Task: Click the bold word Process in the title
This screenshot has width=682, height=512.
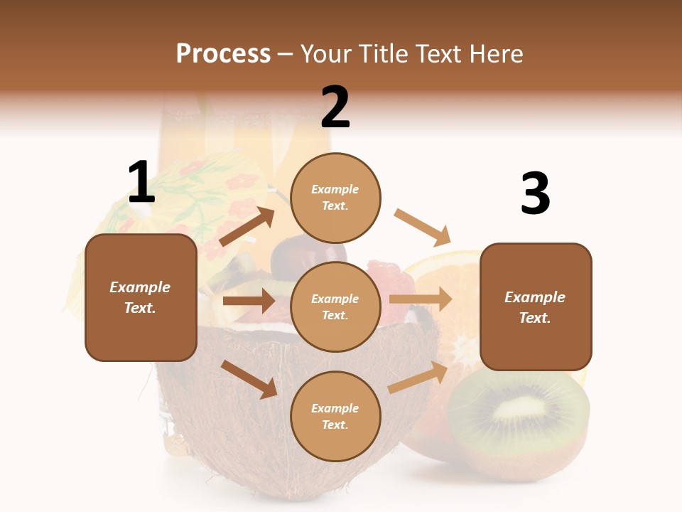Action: (x=223, y=54)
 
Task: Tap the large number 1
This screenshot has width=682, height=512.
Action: (x=141, y=183)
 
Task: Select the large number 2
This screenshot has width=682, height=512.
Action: (x=335, y=107)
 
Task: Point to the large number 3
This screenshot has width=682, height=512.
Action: (x=535, y=194)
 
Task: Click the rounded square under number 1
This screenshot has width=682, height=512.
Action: (x=141, y=297)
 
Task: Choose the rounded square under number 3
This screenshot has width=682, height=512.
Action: (x=536, y=307)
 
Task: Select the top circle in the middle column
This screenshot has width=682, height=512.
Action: (x=335, y=198)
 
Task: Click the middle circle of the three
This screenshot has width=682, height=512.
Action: (x=335, y=306)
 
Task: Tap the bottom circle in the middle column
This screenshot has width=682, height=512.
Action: (x=335, y=416)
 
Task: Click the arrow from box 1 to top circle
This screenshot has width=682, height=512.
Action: (x=247, y=227)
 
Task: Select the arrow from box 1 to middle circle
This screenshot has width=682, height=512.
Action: (x=248, y=301)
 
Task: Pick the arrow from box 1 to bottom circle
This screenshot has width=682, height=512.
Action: (x=249, y=379)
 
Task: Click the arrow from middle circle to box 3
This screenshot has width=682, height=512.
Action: (x=421, y=299)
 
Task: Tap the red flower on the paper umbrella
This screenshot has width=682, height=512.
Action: (x=193, y=169)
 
